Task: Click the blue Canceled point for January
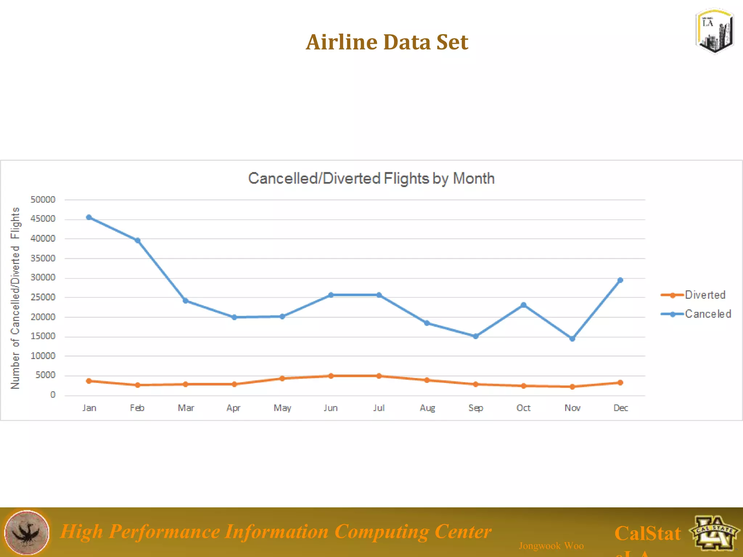(x=89, y=217)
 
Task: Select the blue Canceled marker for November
(x=572, y=339)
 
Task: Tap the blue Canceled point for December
(x=620, y=280)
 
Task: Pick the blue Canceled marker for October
(x=524, y=305)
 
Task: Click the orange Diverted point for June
(x=331, y=376)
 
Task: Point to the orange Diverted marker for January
(x=89, y=381)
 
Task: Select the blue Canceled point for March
(x=185, y=301)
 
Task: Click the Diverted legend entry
(x=704, y=295)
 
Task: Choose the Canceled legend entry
(x=707, y=314)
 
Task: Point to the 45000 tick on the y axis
(x=43, y=219)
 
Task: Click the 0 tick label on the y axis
(x=53, y=395)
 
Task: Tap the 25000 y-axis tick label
(x=43, y=297)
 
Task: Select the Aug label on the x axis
(x=427, y=408)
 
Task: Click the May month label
(x=282, y=408)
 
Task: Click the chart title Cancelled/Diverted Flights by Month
(x=371, y=178)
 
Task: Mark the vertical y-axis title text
(x=15, y=298)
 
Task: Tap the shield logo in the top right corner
(x=714, y=31)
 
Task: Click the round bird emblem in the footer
(x=26, y=532)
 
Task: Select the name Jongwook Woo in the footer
(x=551, y=546)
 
